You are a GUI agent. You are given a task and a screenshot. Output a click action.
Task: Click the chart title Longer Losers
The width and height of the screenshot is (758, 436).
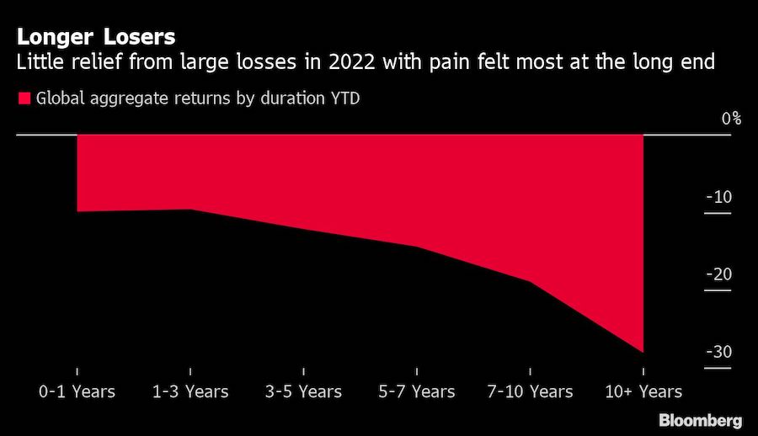pyautogui.click(x=93, y=37)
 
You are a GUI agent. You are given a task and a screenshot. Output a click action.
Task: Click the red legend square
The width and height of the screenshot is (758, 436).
pyautogui.click(x=24, y=98)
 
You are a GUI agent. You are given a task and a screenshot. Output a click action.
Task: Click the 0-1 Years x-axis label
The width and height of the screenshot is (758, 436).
pyautogui.click(x=77, y=391)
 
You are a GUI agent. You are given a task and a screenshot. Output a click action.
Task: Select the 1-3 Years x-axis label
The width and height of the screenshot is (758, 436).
pyautogui.click(x=190, y=391)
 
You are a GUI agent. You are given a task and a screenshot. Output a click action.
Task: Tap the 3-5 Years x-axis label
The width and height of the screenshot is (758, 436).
pyautogui.click(x=303, y=391)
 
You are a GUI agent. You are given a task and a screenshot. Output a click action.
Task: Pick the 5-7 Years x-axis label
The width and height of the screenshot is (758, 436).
pyautogui.click(x=417, y=391)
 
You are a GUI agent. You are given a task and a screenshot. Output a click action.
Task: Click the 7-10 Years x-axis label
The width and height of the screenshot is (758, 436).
pyautogui.click(x=530, y=391)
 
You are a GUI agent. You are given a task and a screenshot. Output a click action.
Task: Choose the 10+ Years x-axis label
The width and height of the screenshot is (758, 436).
pyautogui.click(x=643, y=391)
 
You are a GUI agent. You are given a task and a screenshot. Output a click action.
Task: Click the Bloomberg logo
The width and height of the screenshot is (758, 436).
pyautogui.click(x=700, y=420)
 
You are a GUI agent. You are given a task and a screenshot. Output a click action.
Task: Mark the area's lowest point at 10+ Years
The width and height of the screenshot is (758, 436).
pyautogui.click(x=643, y=353)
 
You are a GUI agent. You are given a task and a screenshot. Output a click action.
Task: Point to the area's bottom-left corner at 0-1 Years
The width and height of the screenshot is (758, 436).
pyautogui.click(x=77, y=211)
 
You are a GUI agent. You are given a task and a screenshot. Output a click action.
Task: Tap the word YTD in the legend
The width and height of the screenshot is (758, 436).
pyautogui.click(x=344, y=99)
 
